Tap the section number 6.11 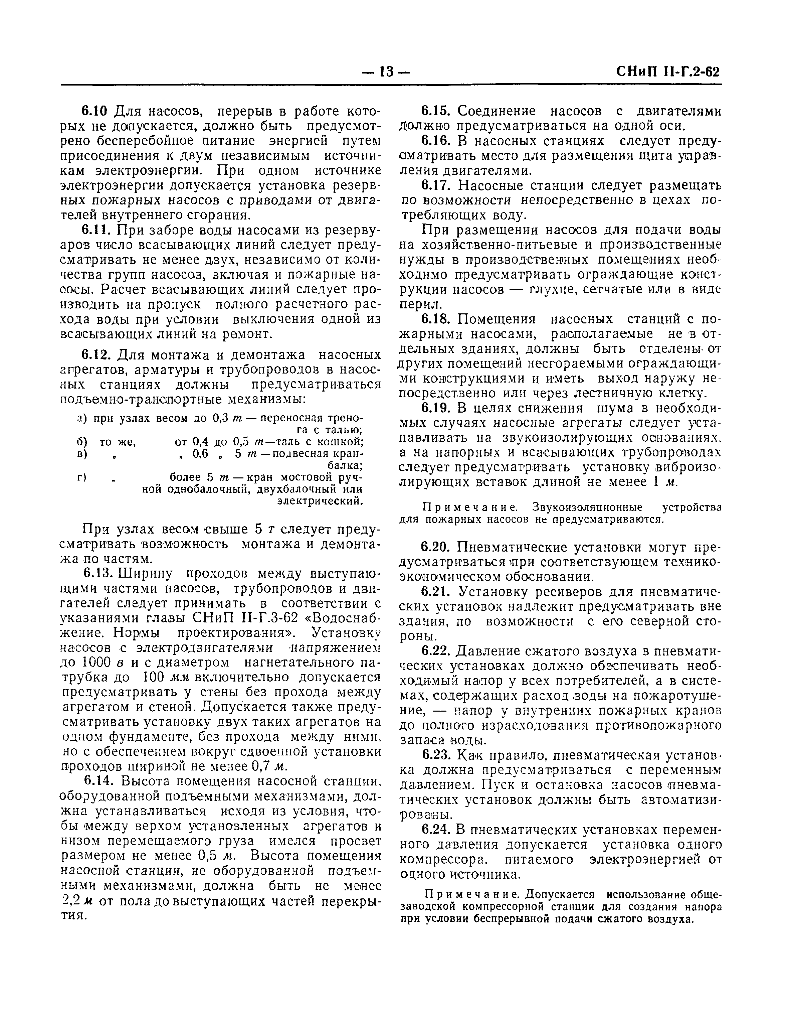pyautogui.click(x=96, y=230)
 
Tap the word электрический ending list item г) pyautogui.click(x=320, y=501)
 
